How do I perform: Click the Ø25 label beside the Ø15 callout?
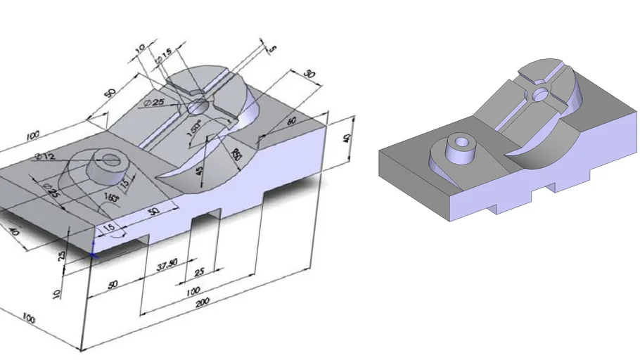(x=154, y=103)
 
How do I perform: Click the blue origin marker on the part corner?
(x=94, y=252)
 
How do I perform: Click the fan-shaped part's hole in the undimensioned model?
(x=540, y=93)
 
